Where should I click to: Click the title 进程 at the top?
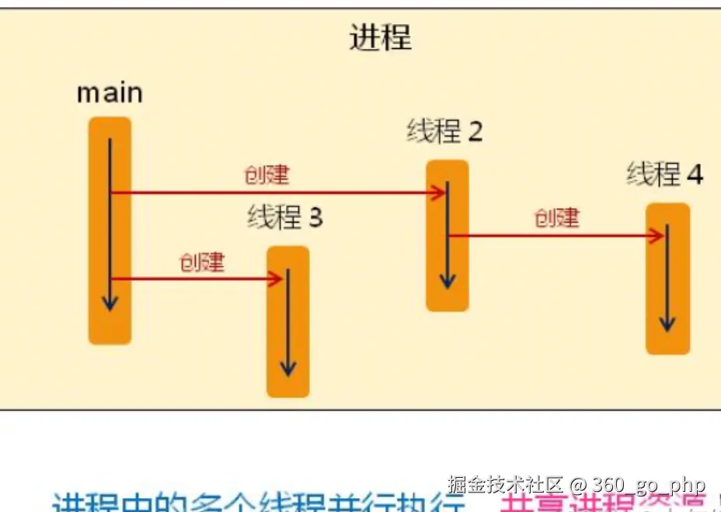(380, 37)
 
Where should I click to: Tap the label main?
(110, 94)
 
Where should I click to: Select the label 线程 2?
(444, 132)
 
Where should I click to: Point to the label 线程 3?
(284, 218)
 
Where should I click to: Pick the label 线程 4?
(665, 175)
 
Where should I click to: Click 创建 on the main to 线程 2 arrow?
(266, 176)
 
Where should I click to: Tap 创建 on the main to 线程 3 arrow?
(201, 262)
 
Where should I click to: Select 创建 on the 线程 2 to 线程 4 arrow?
(556, 218)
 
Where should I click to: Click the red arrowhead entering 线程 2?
(440, 192)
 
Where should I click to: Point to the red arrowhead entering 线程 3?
(276, 279)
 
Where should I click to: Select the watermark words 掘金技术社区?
(505, 486)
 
